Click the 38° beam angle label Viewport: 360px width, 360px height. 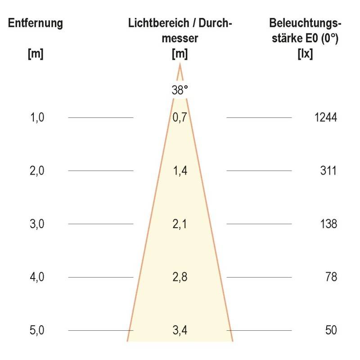click(x=180, y=90)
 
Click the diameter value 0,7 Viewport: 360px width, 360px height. click(x=180, y=118)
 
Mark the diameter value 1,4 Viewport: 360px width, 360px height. click(x=180, y=171)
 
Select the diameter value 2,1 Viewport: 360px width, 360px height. click(x=180, y=224)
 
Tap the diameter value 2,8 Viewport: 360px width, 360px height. click(x=180, y=277)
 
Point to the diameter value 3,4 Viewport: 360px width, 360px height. click(x=180, y=330)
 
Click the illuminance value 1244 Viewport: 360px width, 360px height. click(x=326, y=118)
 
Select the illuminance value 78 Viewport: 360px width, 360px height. click(x=331, y=277)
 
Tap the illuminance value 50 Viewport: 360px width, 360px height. click(x=331, y=330)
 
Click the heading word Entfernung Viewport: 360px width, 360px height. click(x=36, y=23)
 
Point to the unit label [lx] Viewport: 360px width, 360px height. click(x=306, y=54)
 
